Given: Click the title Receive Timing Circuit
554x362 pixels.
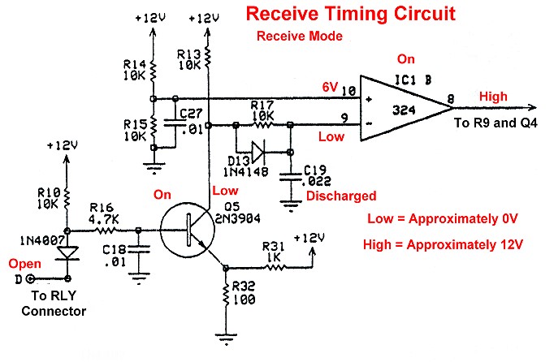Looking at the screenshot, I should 349,14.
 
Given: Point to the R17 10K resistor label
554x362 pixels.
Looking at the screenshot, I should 262,110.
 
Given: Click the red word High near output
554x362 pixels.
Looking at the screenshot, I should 492,97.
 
